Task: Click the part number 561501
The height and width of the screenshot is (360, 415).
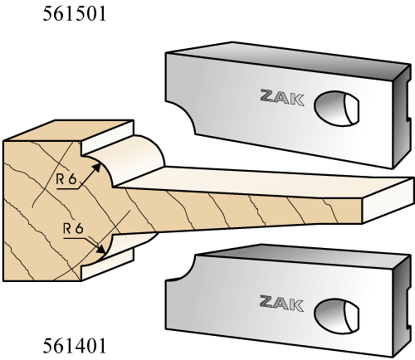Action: pyautogui.click(x=75, y=14)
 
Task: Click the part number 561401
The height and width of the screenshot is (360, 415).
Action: pyautogui.click(x=75, y=346)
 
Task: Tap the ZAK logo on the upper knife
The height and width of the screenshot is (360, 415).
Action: pyautogui.click(x=282, y=97)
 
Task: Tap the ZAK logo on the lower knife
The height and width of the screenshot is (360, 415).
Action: pyautogui.click(x=281, y=303)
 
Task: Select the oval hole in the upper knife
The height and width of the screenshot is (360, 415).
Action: pyautogui.click(x=336, y=109)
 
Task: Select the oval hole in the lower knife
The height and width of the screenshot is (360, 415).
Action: pyautogui.click(x=337, y=315)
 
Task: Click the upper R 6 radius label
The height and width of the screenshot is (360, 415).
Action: pyautogui.click(x=66, y=179)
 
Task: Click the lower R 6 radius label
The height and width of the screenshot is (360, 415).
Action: pyautogui.click(x=73, y=229)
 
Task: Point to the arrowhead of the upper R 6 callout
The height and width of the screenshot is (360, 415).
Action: pyautogui.click(x=96, y=168)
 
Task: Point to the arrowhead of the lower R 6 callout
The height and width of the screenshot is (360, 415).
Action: pyautogui.click(x=101, y=248)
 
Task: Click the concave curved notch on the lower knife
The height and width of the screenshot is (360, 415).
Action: pyautogui.click(x=183, y=270)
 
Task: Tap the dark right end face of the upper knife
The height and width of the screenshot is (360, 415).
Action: pyautogui.click(x=401, y=116)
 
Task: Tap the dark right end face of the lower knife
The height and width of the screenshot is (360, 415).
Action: pyautogui.click(x=401, y=305)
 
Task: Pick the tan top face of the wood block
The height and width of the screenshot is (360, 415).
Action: pyautogui.click(x=69, y=130)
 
